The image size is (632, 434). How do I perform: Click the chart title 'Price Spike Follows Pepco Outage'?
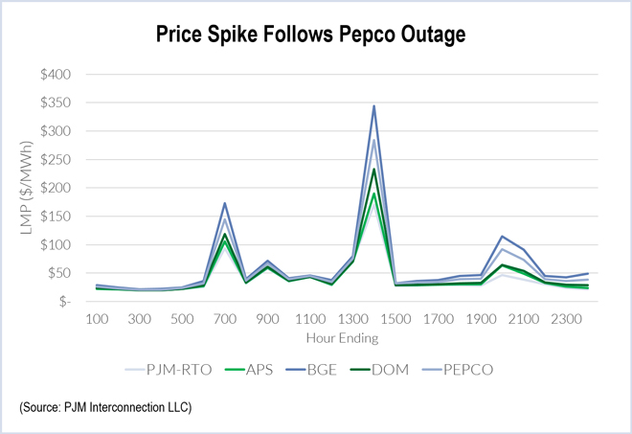point(316,35)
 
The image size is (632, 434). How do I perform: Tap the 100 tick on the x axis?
point(98,318)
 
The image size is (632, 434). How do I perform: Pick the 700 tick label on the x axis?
point(224,318)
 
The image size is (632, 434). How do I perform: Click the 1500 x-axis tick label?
point(395,318)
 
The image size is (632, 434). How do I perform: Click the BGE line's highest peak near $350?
point(373,105)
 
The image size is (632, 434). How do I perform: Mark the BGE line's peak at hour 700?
point(224,203)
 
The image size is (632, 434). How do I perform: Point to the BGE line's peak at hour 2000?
point(501,236)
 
